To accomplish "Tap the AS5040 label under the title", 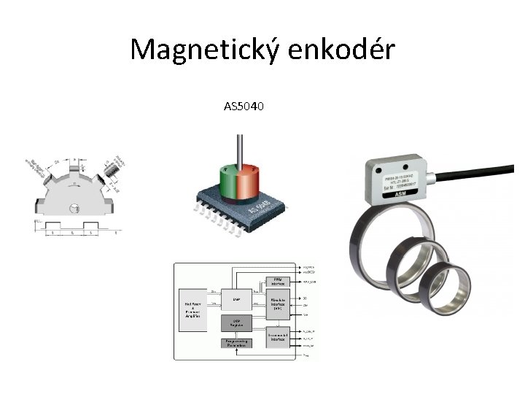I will pos(244,107).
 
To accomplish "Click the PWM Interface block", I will pos(279,282).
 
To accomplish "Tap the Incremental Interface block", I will pos(278,336).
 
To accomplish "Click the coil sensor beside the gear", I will pos(112,170).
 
